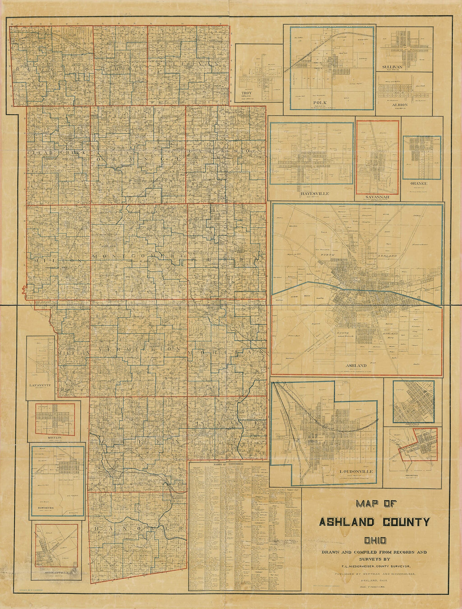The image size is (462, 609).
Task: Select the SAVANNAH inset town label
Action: (377, 196)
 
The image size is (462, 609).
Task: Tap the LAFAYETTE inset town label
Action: (40, 385)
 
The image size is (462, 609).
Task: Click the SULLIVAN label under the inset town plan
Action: (392, 67)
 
